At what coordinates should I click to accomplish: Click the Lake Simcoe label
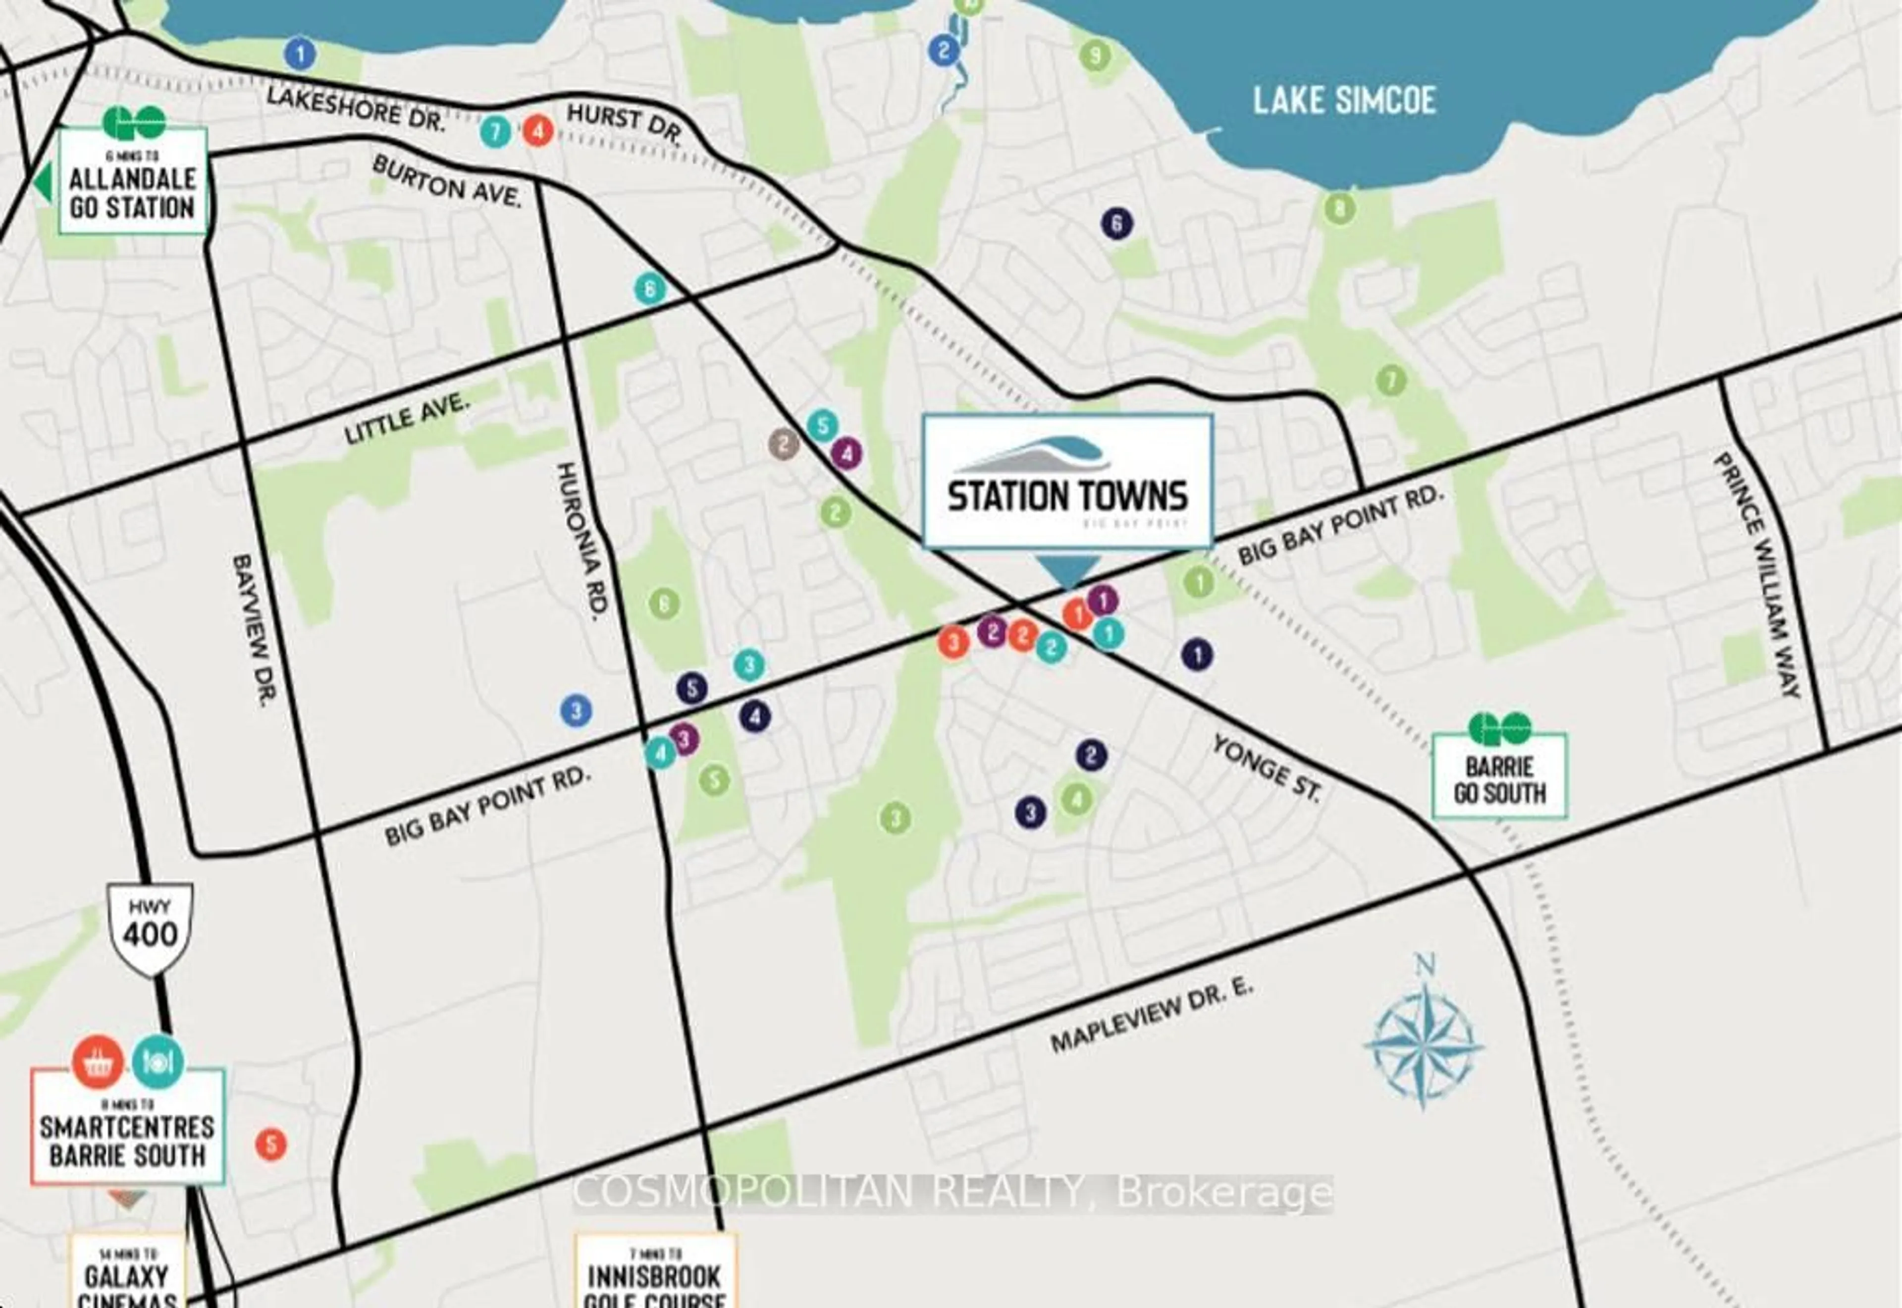pyautogui.click(x=1344, y=101)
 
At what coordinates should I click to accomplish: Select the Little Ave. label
pyautogui.click(x=407, y=419)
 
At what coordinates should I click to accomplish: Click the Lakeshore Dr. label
pyautogui.click(x=356, y=109)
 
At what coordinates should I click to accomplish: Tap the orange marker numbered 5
pyautogui.click(x=271, y=1144)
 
